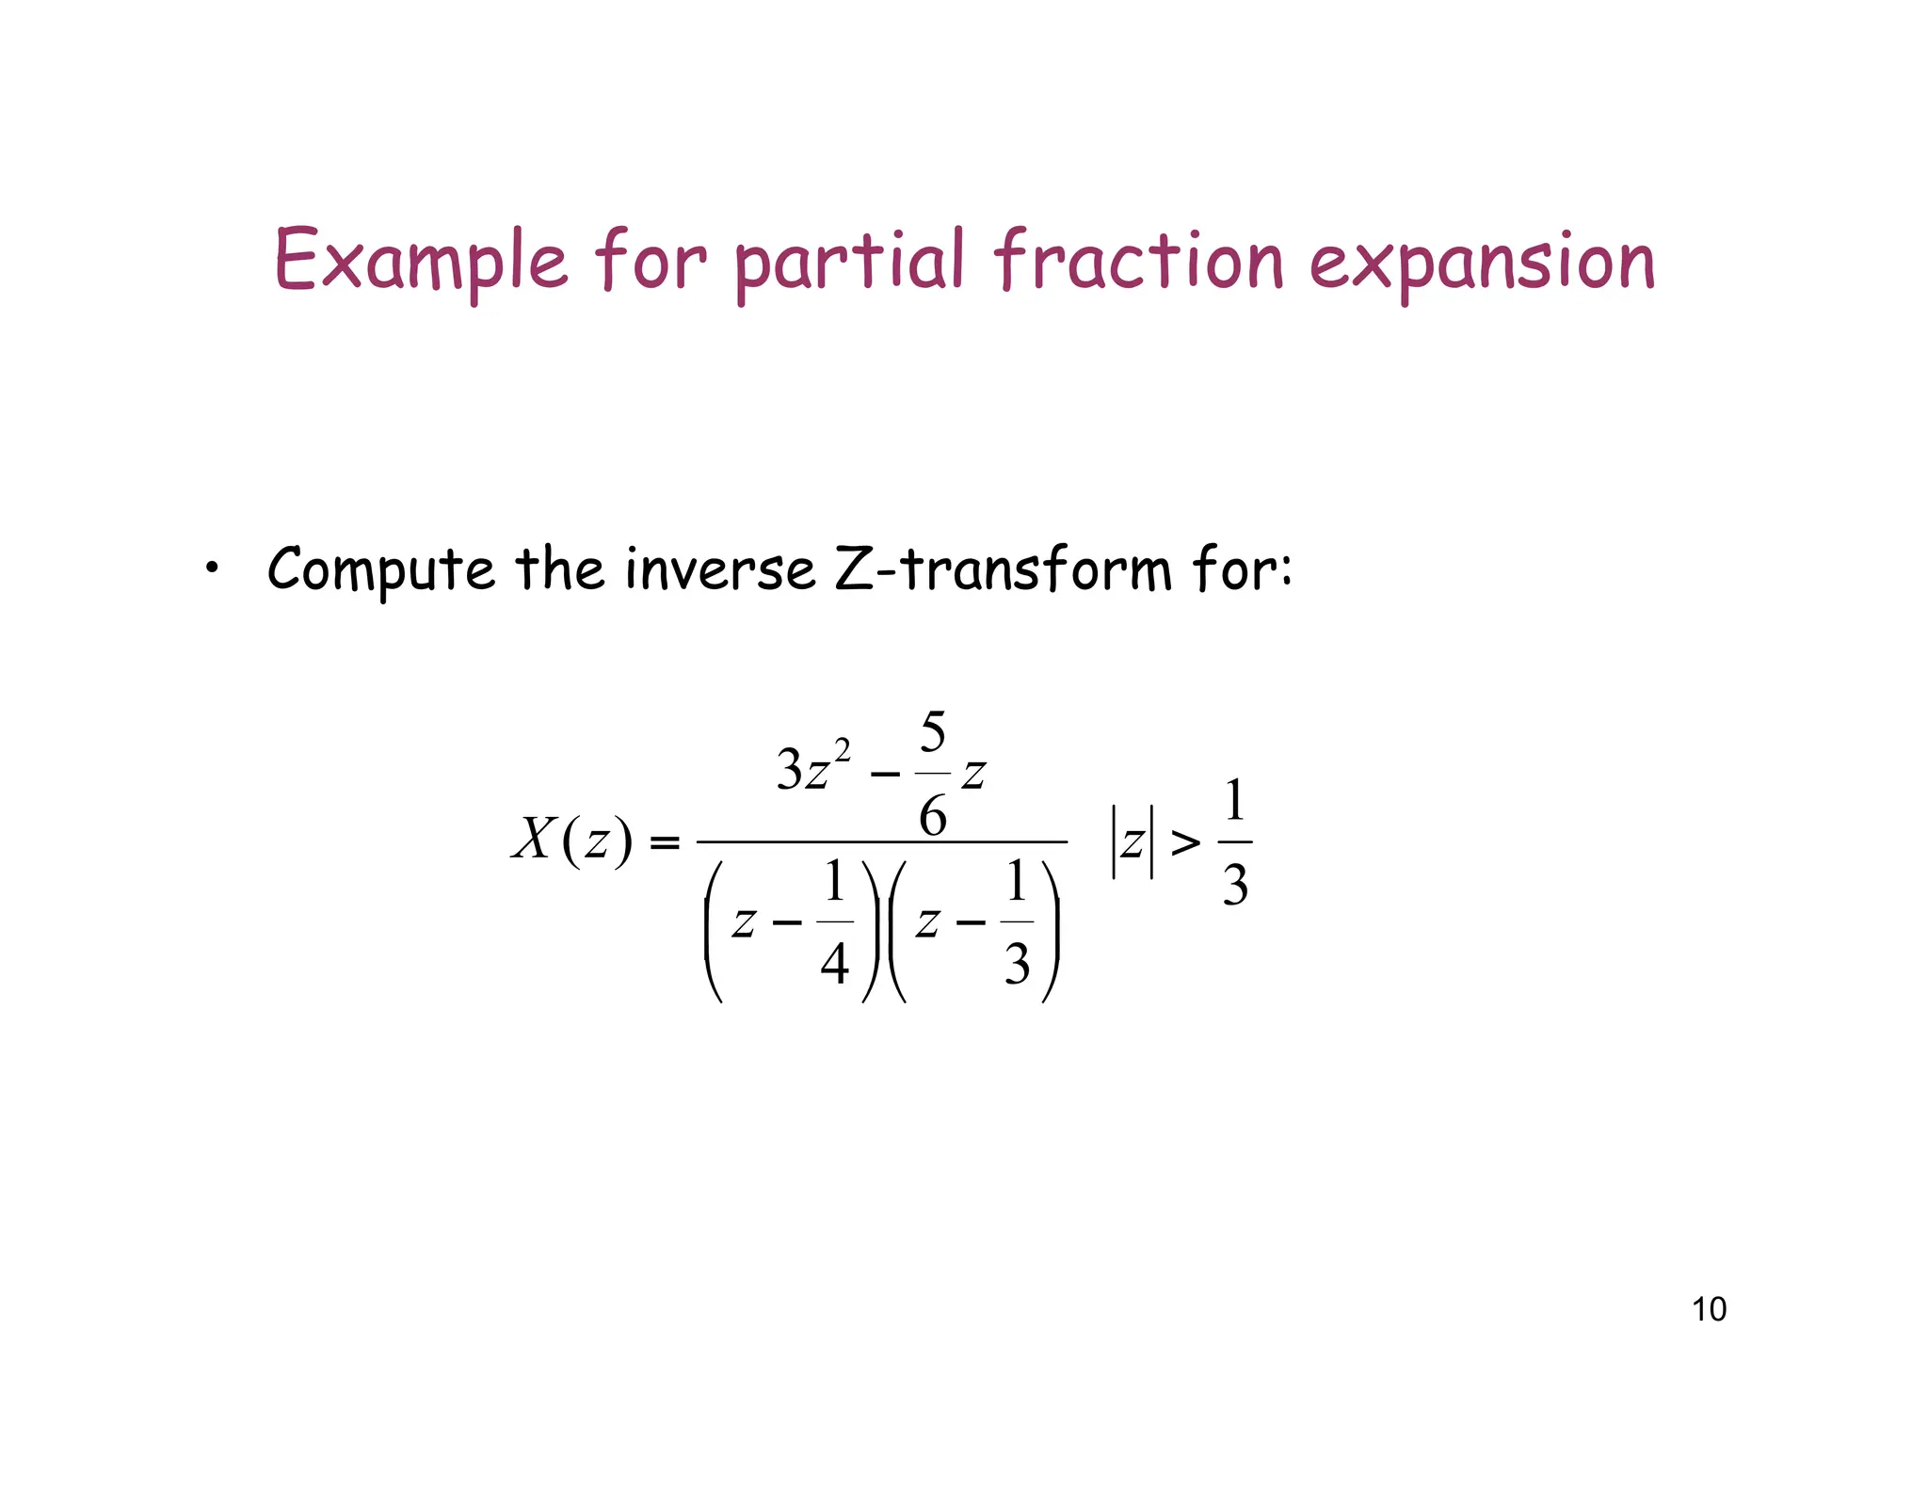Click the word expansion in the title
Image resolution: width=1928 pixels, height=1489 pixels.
click(1482, 264)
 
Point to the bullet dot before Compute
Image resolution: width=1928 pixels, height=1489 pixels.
click(214, 568)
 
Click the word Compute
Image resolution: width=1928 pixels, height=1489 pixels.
click(380, 570)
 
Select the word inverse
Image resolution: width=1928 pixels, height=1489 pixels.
click(720, 569)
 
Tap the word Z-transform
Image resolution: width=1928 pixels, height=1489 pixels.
click(1004, 569)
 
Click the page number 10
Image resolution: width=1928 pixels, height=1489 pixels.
click(1709, 1309)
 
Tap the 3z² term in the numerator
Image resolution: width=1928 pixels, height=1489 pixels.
click(811, 770)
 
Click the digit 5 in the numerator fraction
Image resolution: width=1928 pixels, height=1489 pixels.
click(932, 732)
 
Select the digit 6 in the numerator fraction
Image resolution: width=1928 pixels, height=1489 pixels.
click(932, 815)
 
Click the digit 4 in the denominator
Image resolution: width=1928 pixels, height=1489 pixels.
click(834, 964)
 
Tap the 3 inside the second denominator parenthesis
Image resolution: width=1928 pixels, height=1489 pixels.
click(1017, 964)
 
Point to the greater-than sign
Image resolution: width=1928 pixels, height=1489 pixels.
click(1186, 842)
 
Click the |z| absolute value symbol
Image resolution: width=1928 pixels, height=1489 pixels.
click(1133, 841)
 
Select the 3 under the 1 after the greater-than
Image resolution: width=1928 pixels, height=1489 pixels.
click(1235, 885)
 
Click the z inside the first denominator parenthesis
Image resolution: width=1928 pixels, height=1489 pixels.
click(744, 922)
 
